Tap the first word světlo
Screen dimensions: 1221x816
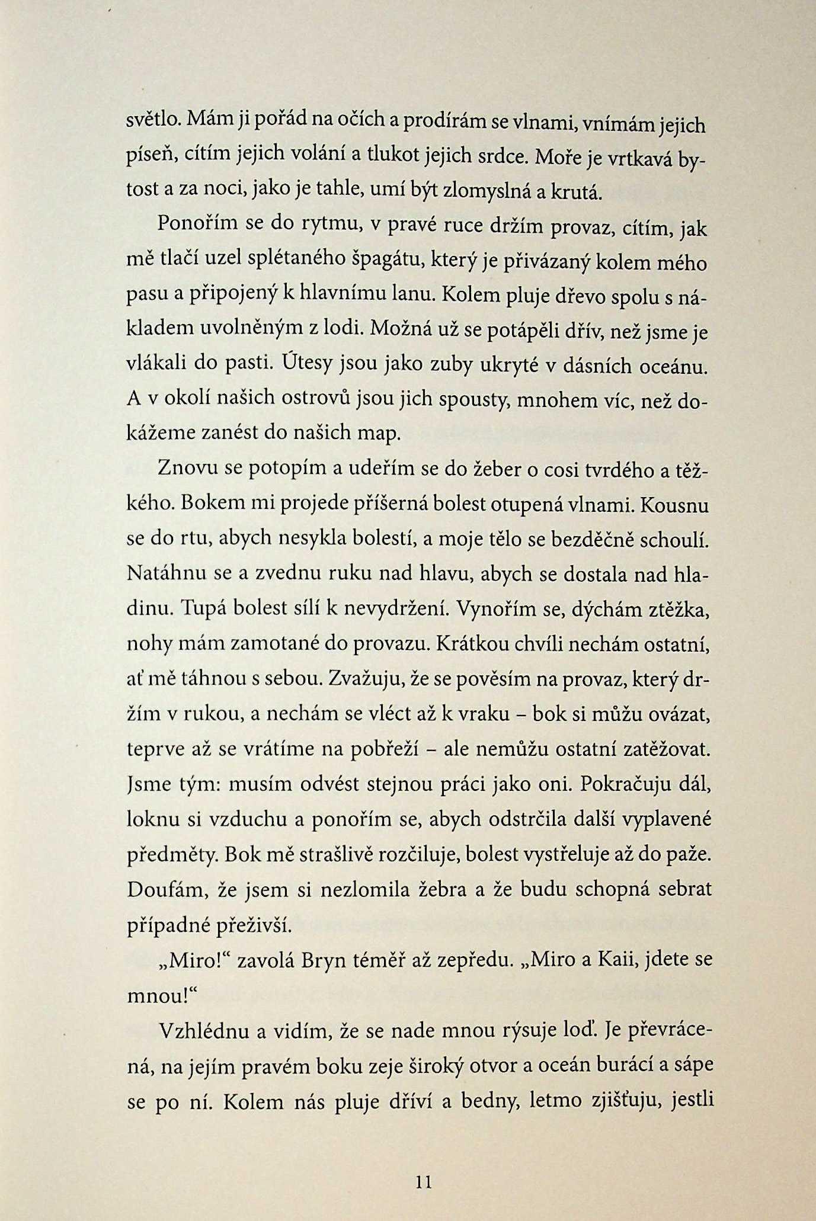(153, 120)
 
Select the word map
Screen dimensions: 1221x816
(380, 434)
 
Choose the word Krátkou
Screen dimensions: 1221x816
(469, 644)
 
